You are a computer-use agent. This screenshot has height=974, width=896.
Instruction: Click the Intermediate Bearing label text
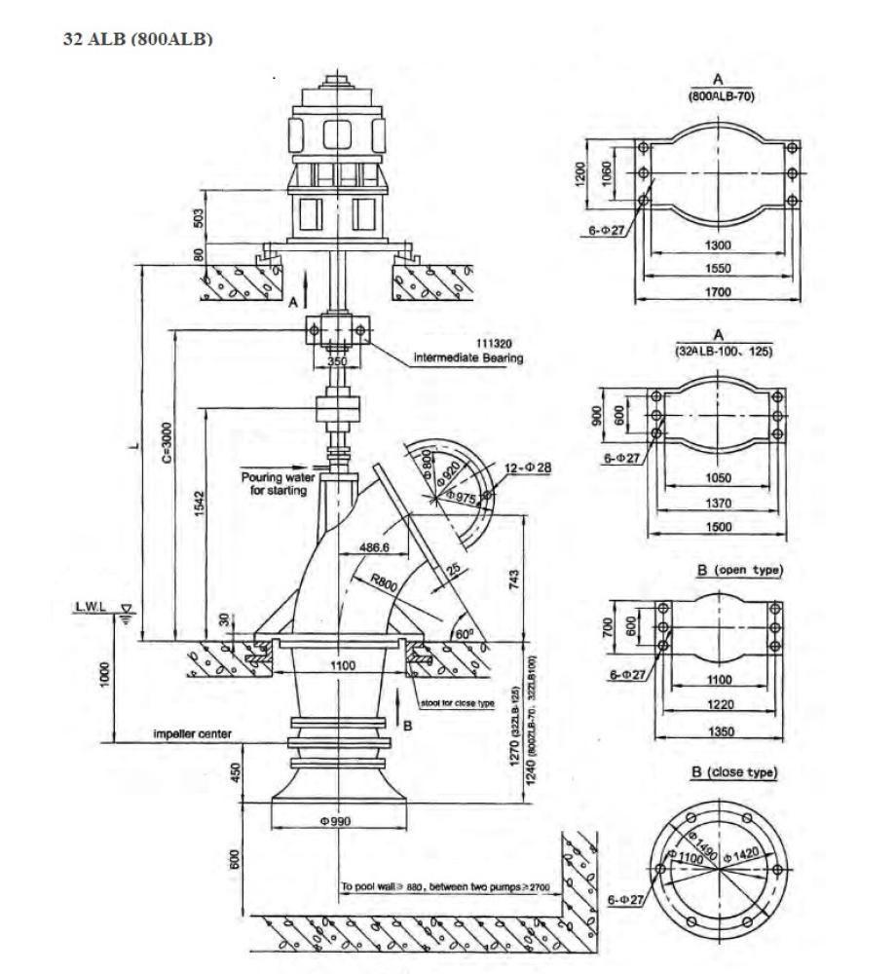tap(468, 357)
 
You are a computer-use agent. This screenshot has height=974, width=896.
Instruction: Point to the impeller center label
tap(191, 733)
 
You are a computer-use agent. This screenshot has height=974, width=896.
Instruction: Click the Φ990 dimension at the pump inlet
tap(335, 821)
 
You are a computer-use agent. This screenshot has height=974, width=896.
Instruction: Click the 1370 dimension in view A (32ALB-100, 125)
tap(718, 504)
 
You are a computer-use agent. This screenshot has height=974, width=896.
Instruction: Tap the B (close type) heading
tap(733, 772)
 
